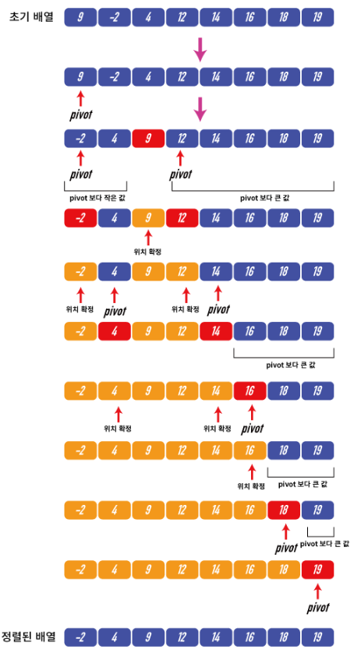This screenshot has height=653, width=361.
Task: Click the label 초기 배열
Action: [x=31, y=17]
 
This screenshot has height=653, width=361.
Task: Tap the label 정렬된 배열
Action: [x=28, y=637]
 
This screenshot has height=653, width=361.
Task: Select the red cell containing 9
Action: [x=148, y=138]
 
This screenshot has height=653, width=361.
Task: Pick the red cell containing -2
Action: [x=80, y=218]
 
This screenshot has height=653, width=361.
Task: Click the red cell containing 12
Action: [x=182, y=218]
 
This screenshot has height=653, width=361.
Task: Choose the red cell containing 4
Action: [x=114, y=331]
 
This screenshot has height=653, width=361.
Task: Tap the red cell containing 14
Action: [x=215, y=331]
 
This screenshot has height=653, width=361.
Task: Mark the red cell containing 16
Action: [x=250, y=390]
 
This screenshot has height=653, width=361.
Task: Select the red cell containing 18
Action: [x=284, y=510]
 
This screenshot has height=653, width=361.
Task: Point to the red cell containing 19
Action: [x=317, y=570]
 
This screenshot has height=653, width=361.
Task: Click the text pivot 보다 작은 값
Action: [x=97, y=198]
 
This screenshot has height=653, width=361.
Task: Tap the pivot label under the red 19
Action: [x=318, y=608]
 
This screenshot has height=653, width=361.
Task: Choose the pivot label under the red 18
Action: [x=286, y=548]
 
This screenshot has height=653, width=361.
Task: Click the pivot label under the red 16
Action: [x=252, y=429]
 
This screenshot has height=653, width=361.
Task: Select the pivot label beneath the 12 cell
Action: [x=181, y=175]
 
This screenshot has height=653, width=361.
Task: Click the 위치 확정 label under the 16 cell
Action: [x=251, y=486]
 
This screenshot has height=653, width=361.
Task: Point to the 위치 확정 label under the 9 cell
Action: [x=147, y=252]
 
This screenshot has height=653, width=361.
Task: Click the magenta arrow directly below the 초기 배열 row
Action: [x=200, y=50]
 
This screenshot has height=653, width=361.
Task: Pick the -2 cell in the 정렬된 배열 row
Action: [x=80, y=637]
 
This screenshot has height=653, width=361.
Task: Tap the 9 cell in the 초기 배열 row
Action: [x=80, y=17]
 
